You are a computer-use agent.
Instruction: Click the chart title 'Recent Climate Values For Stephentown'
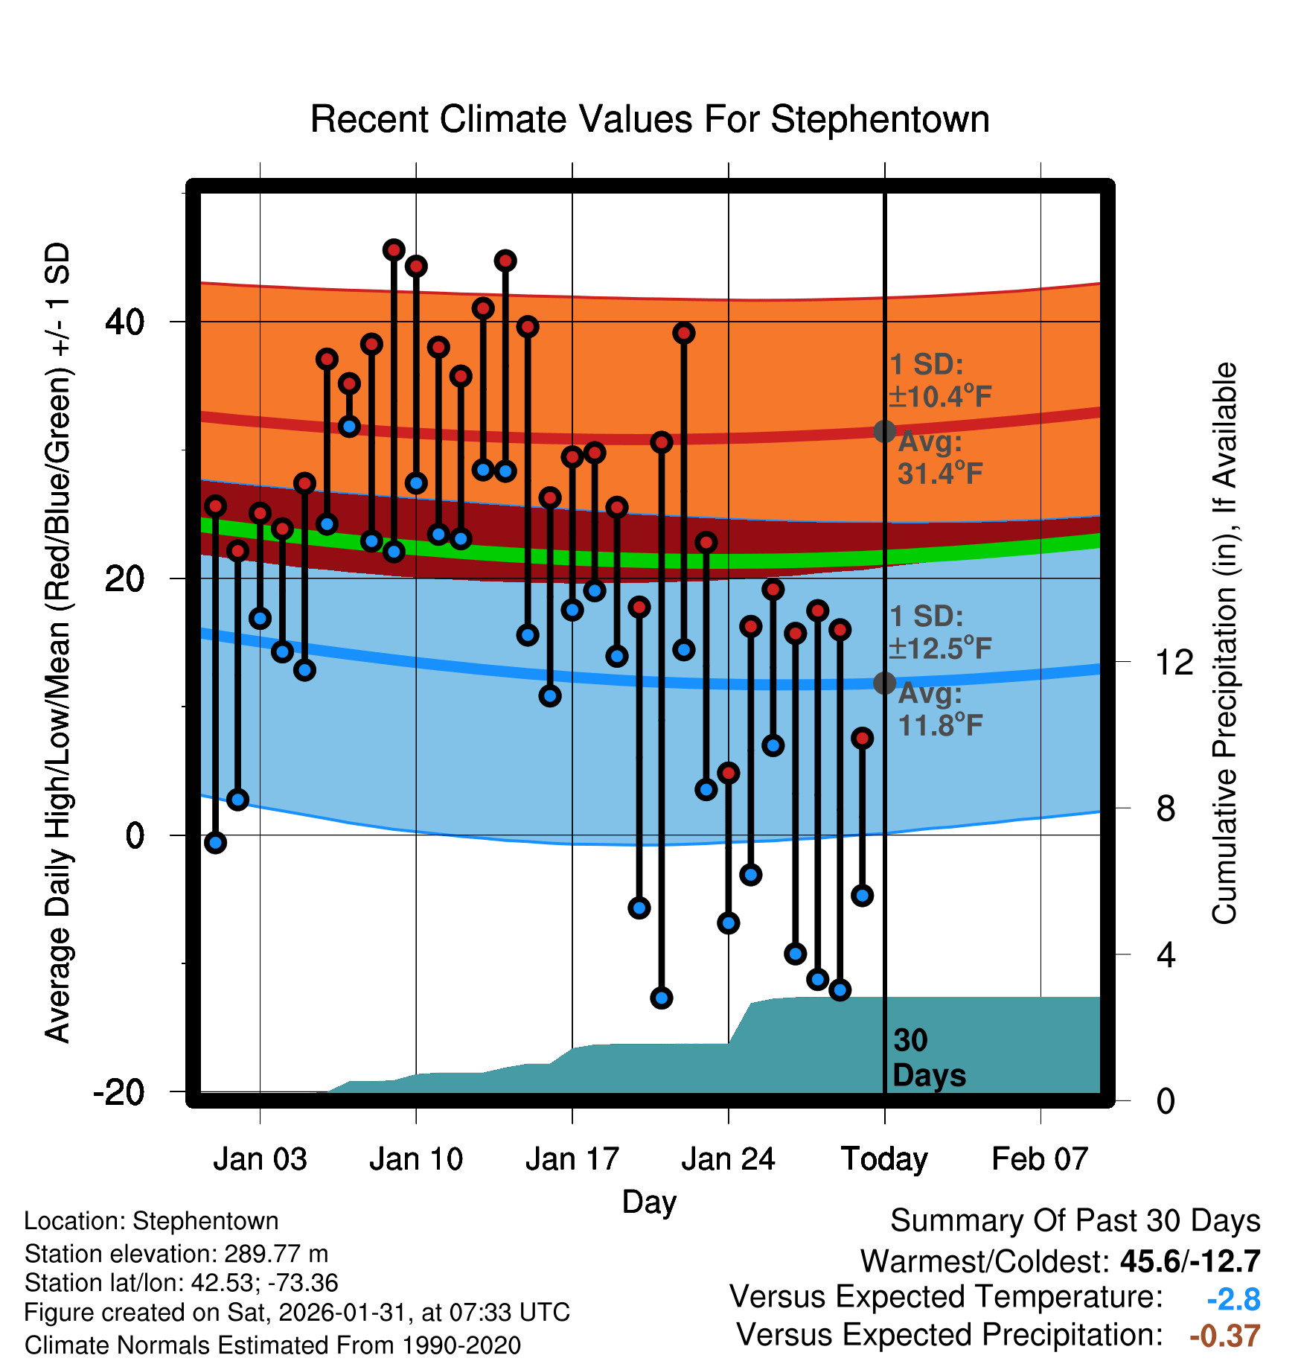coord(650,119)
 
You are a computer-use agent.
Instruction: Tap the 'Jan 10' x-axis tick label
coord(416,1159)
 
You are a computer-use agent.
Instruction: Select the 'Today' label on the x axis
coord(884,1159)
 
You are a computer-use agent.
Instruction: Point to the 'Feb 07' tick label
coord(1040,1159)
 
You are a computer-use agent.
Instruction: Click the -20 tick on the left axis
coord(119,1092)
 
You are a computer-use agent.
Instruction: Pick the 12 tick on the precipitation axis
coord(1174,662)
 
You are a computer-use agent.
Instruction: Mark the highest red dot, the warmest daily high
coord(394,250)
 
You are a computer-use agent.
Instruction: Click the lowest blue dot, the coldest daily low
coord(662,998)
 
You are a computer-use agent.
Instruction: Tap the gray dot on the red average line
coord(884,431)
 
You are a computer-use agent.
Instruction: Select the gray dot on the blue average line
coord(884,683)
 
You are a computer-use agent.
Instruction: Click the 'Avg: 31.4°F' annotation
coord(939,458)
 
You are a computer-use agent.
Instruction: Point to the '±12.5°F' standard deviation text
coord(941,648)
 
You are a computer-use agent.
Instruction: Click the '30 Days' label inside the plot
coord(928,1058)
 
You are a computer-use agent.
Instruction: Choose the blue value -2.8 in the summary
coord(1233,1299)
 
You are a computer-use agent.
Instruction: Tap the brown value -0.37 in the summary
coord(1225,1336)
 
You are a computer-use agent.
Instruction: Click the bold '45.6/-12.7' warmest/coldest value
coord(1189,1261)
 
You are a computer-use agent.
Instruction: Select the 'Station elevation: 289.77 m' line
coord(176,1254)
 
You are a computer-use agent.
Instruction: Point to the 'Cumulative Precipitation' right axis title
coord(1224,644)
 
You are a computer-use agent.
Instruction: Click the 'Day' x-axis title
coord(649,1202)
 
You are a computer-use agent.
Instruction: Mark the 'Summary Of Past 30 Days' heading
coord(1075,1221)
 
